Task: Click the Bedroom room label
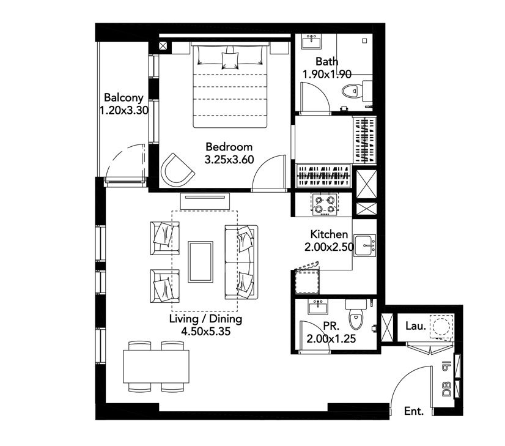[229, 147]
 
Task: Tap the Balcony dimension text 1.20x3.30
[124, 111]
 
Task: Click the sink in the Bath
[311, 42]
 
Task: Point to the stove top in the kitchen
[324, 204]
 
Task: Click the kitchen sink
[365, 245]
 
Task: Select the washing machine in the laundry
[441, 327]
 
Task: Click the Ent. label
[414, 411]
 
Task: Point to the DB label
[446, 389]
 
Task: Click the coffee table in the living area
[201, 262]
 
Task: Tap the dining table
[156, 366]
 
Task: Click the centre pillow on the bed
[230, 61]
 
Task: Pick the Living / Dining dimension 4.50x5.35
[206, 331]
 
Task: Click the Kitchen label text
[329, 234]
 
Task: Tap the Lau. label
[416, 326]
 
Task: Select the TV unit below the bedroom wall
[205, 201]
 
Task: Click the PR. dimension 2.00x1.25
[331, 339]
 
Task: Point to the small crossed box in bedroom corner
[163, 46]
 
